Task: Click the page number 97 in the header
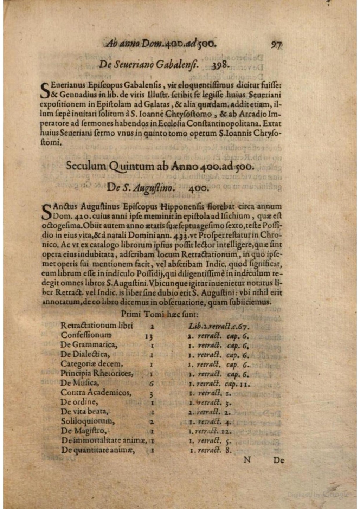(x=277, y=45)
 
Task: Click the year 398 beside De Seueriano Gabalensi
(x=221, y=65)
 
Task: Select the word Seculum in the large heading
(x=86, y=166)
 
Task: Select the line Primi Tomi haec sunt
(x=160, y=314)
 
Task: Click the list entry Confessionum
(x=86, y=335)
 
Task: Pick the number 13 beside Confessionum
(x=149, y=337)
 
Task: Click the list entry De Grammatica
(x=89, y=345)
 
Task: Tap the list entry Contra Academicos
(x=96, y=393)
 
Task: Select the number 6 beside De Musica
(x=152, y=384)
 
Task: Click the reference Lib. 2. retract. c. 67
(x=219, y=326)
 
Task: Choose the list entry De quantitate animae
(x=98, y=450)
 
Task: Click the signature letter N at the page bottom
(x=247, y=460)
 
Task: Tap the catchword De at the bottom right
(x=278, y=460)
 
